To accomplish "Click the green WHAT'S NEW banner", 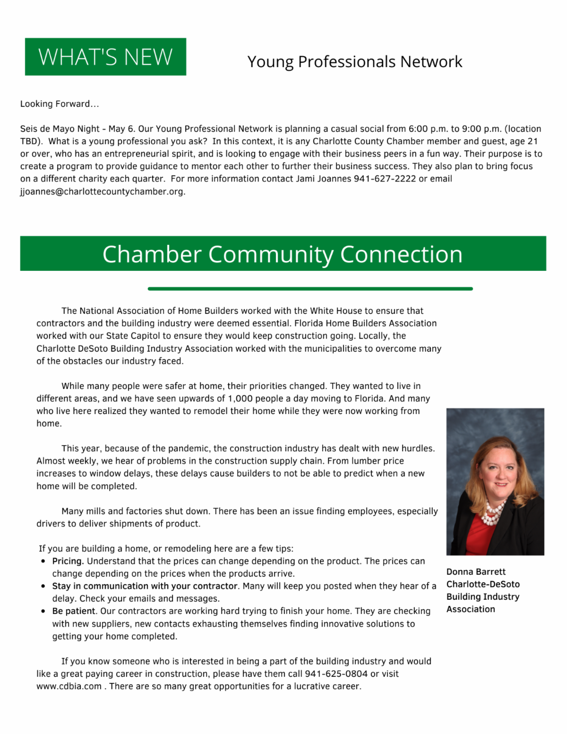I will coord(105,57).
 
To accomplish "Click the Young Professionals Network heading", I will coord(354,62).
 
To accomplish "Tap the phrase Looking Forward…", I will coord(60,104).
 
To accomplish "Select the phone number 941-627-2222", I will coord(385,179).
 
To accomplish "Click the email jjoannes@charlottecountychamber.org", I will coord(103,192).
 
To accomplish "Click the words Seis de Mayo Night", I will coord(60,129).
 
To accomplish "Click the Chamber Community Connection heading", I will coord(283,254).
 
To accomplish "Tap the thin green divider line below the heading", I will coord(310,288).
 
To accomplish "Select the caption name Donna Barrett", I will coord(476,572).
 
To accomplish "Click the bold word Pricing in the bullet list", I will coord(68,561).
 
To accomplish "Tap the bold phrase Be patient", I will coord(73,612).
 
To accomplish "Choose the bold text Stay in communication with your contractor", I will coord(145,587).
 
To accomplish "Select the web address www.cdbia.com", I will coord(69,687).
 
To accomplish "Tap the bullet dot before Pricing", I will coord(43,561).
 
